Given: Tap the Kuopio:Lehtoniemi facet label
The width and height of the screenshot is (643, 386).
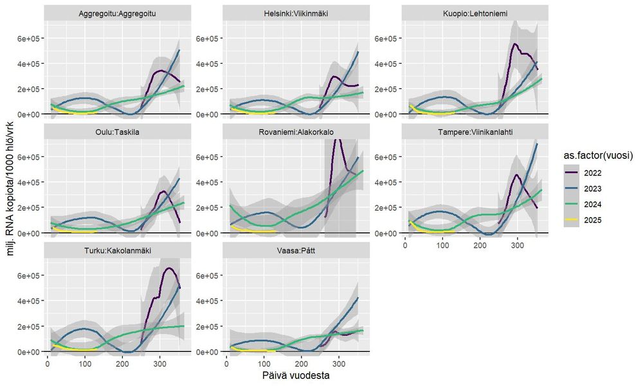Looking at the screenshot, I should (x=474, y=14).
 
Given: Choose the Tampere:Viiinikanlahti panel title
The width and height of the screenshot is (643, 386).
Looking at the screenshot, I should (x=474, y=133).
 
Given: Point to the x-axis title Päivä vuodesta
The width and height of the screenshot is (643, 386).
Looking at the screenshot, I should (x=296, y=376).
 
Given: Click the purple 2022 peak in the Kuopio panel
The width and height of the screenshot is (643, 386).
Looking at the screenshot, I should (x=515, y=44).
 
